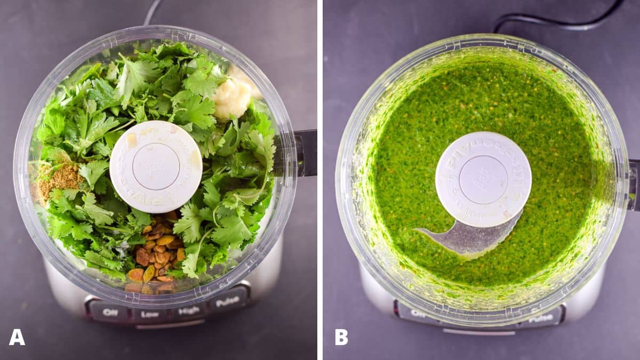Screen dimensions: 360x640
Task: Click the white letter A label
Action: pyautogui.click(x=17, y=337)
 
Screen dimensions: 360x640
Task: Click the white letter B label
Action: pyautogui.click(x=341, y=337)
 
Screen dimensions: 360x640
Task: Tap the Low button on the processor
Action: pyautogui.click(x=150, y=314)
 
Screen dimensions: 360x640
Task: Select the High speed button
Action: pyautogui.click(x=189, y=309)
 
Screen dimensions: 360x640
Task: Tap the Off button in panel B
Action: pyautogui.click(x=418, y=314)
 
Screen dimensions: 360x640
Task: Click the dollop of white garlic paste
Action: pyautogui.click(x=233, y=96)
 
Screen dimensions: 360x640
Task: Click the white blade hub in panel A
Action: pyautogui.click(x=156, y=166)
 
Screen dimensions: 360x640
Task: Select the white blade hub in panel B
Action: pyautogui.click(x=483, y=179)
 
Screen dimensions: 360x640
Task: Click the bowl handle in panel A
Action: pyautogui.click(x=306, y=152)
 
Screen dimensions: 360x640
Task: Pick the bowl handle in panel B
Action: pyautogui.click(x=634, y=184)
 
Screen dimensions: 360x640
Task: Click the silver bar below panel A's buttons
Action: pyautogui.click(x=170, y=324)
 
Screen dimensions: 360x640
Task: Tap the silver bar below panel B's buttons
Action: pyautogui.click(x=478, y=332)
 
